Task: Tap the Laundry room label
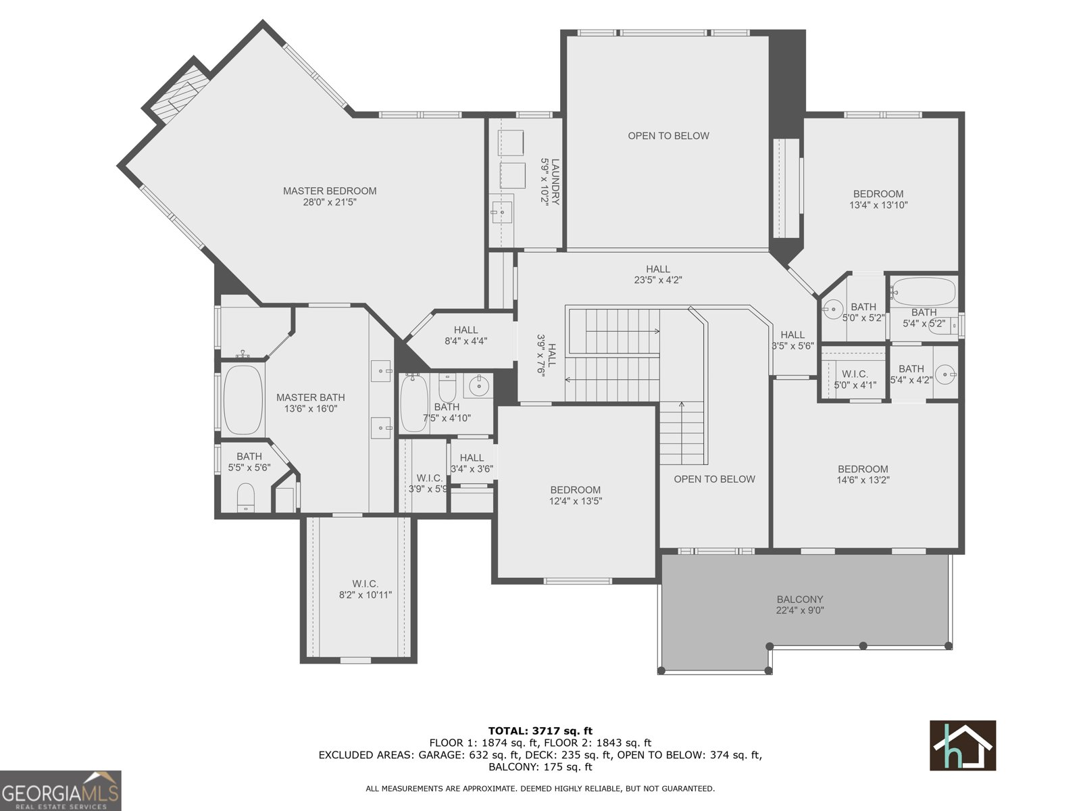click(x=550, y=182)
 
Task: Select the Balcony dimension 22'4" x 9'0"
click(x=799, y=610)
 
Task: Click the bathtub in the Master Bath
click(x=243, y=400)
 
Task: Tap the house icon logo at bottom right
click(x=962, y=745)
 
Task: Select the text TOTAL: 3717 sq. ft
click(x=540, y=731)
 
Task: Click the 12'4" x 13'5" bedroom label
click(x=575, y=495)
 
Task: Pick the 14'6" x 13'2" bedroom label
click(x=863, y=474)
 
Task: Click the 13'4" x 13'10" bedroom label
click(x=878, y=199)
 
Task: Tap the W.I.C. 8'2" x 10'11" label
click(x=365, y=589)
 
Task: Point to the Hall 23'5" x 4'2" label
click(x=657, y=274)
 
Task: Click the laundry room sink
click(x=501, y=212)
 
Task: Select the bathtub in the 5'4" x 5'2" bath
click(x=923, y=291)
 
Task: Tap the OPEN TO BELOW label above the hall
click(x=668, y=136)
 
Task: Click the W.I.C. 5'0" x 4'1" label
click(x=855, y=379)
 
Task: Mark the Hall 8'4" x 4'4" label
click(x=466, y=335)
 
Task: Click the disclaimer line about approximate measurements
click(x=540, y=788)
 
